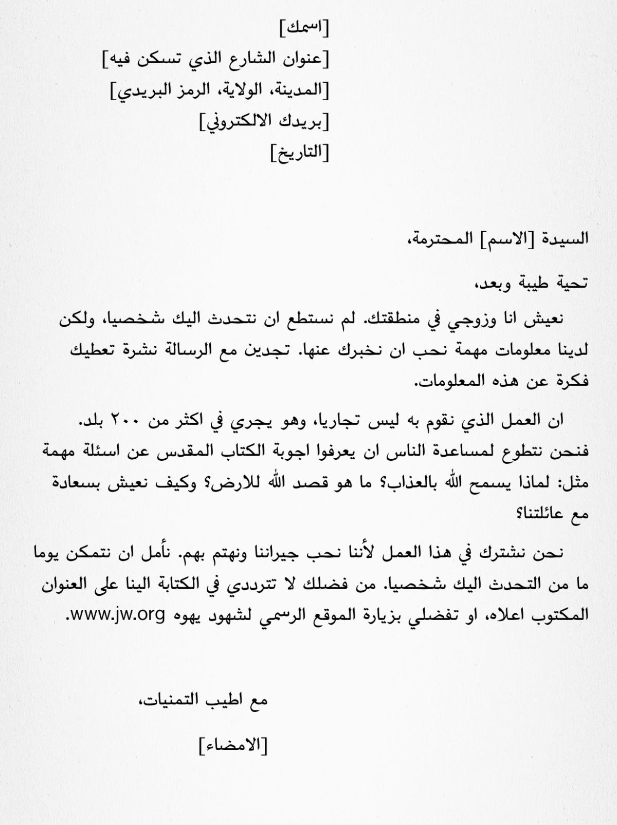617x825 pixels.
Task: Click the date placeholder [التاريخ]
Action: tap(300, 153)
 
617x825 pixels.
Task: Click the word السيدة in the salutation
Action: tap(565, 238)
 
